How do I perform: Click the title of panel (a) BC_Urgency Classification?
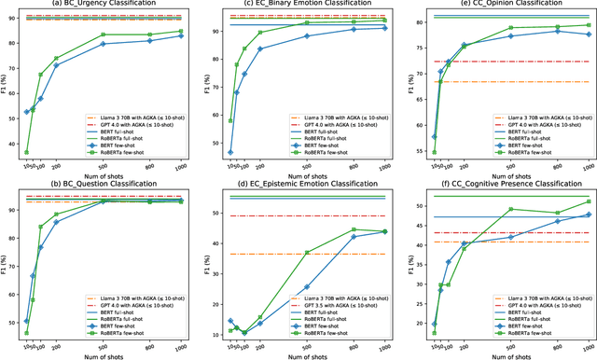(106, 5)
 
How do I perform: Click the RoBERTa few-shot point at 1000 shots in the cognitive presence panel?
(588, 201)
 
